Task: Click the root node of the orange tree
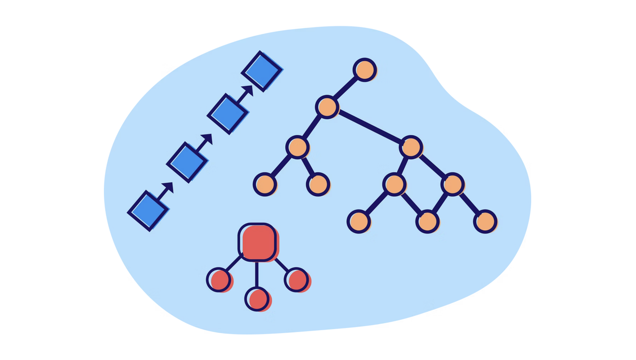coord(365,70)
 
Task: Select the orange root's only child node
coord(327,107)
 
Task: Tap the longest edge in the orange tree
coord(370,128)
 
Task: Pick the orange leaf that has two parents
coord(427,221)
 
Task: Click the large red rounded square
coord(257,242)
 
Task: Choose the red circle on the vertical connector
coord(257,299)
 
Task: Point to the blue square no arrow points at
coord(148,211)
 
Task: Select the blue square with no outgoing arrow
coord(262,71)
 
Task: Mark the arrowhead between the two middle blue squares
coord(207,139)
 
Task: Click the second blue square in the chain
coord(187,162)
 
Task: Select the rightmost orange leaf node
coord(485,221)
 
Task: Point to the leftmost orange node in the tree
coord(264,184)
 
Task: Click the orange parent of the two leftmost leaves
coord(297,147)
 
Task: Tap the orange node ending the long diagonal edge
coord(411,147)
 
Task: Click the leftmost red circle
coord(219,280)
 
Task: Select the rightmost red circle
coord(296,280)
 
